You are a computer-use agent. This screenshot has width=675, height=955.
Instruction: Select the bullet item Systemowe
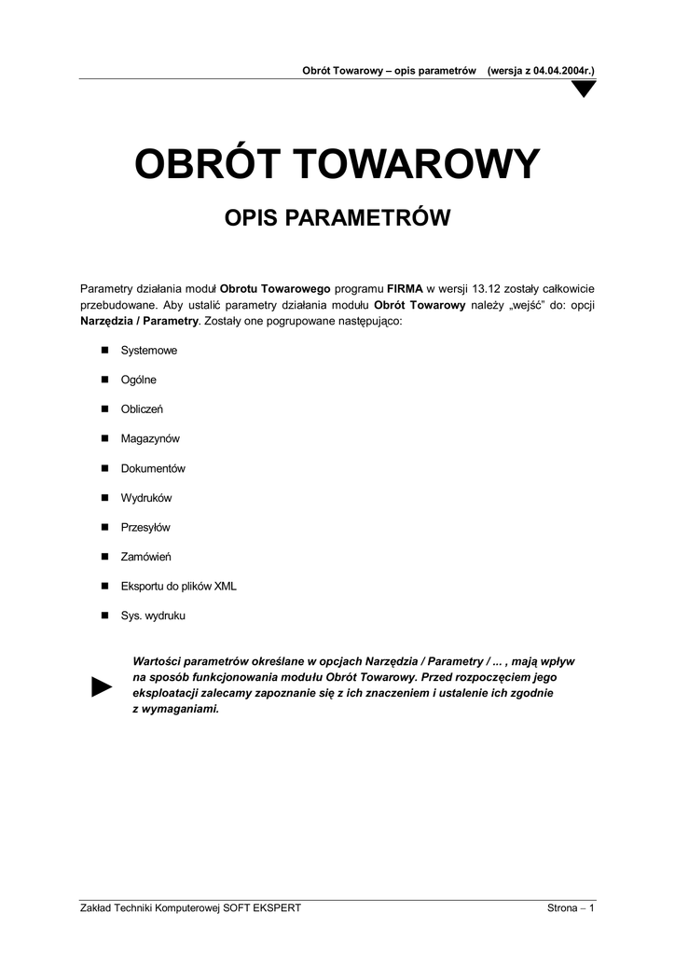(x=149, y=351)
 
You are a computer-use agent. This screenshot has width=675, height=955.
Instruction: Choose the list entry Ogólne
(x=139, y=380)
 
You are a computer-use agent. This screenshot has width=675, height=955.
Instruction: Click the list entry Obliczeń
(x=142, y=409)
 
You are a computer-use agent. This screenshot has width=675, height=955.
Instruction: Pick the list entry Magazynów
(x=150, y=438)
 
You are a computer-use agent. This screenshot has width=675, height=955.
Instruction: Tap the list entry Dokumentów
(x=154, y=468)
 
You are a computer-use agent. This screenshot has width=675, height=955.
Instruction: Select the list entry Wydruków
(x=146, y=498)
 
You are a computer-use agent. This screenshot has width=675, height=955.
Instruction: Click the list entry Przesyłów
(x=145, y=527)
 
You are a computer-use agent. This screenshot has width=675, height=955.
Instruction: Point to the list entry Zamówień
(x=145, y=557)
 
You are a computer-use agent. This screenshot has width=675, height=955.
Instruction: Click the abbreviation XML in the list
(x=226, y=587)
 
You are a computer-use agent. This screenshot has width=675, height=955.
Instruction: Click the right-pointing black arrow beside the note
(x=102, y=687)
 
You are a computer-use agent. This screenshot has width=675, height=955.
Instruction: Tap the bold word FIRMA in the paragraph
(x=406, y=289)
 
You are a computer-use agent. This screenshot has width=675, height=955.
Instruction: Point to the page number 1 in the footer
(x=592, y=908)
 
